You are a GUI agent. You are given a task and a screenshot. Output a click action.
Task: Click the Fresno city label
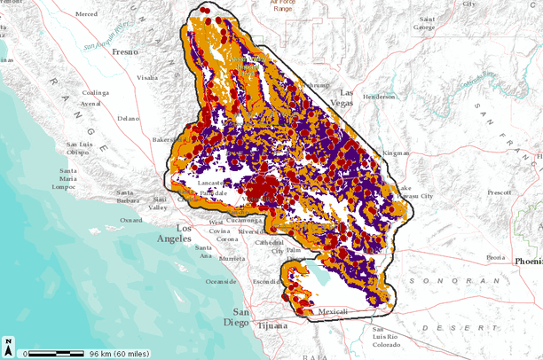(x=125, y=52)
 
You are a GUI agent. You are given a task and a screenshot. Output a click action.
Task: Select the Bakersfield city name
(x=169, y=140)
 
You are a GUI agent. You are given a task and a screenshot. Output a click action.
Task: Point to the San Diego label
(x=240, y=317)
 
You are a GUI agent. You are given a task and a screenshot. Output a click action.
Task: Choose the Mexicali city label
(x=334, y=312)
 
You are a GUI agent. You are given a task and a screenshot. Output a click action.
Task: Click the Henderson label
(x=379, y=97)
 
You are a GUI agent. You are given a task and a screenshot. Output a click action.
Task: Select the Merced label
(x=87, y=14)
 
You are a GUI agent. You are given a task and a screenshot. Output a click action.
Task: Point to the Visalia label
(x=147, y=77)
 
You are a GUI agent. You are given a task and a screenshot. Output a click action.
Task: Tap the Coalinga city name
(x=96, y=93)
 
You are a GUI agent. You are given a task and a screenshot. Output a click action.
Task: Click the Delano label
(x=128, y=118)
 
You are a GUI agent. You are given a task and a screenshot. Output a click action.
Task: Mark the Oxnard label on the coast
(x=131, y=220)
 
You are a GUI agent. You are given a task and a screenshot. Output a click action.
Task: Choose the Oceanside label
(x=221, y=282)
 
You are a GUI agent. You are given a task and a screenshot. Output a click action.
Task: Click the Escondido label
(x=267, y=281)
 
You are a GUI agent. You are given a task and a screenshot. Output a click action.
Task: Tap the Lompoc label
(x=66, y=187)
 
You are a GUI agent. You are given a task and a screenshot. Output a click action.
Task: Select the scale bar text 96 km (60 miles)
(x=119, y=354)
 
